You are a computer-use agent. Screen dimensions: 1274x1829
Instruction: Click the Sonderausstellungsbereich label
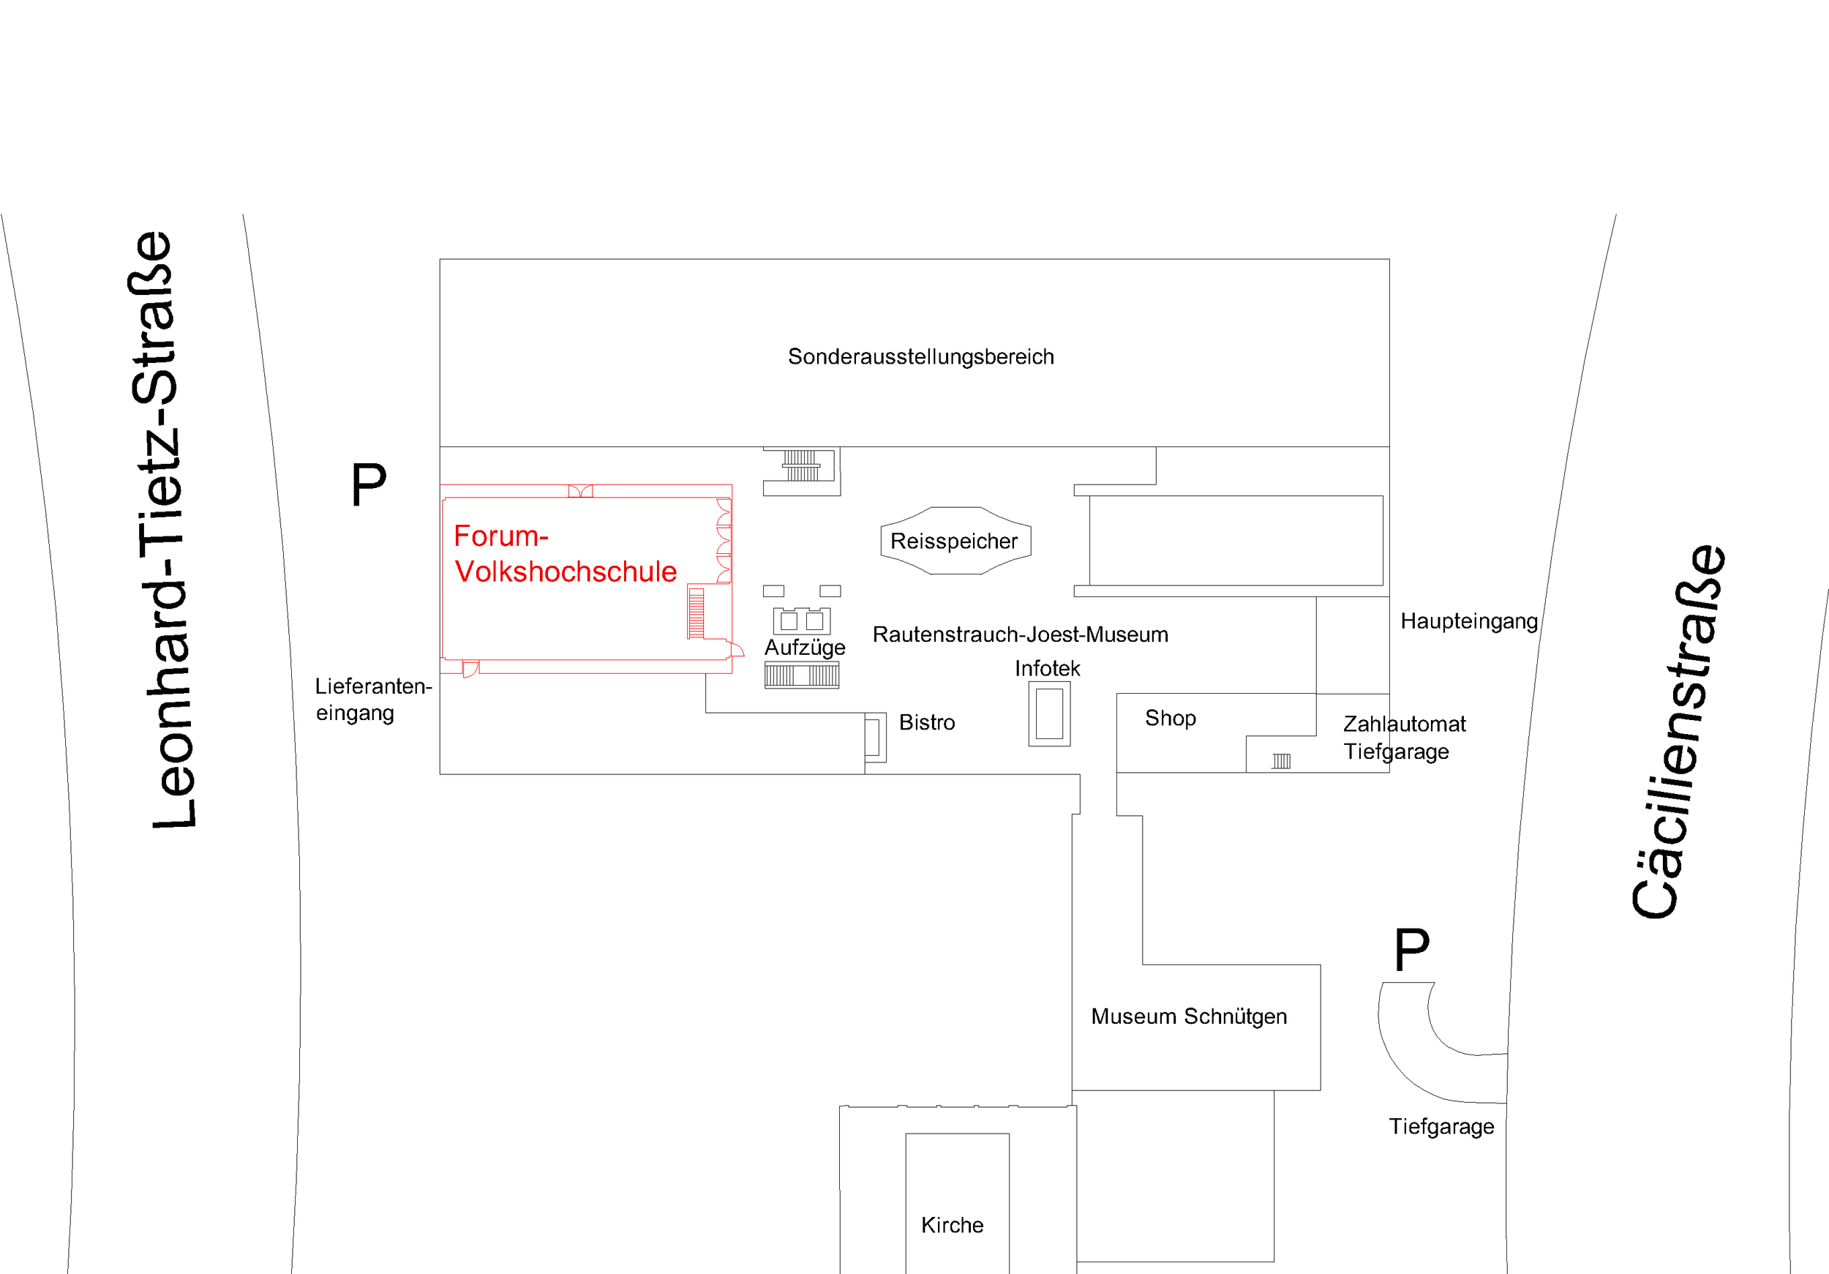[x=920, y=356]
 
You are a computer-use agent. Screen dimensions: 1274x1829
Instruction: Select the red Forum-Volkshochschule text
[x=565, y=554]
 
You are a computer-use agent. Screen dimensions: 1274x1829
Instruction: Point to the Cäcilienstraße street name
[x=1679, y=732]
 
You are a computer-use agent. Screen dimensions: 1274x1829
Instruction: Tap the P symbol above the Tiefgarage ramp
[x=1411, y=949]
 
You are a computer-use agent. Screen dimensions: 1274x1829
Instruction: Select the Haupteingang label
[x=1468, y=621]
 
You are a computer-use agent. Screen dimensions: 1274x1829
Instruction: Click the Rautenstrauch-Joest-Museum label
[x=1020, y=634]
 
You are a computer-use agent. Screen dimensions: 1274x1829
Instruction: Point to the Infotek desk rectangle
[x=1049, y=714]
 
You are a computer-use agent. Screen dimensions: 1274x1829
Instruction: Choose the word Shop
[x=1171, y=718]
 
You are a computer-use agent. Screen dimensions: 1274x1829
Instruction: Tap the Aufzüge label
[x=805, y=647]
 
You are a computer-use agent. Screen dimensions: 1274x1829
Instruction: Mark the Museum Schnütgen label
[x=1189, y=1016]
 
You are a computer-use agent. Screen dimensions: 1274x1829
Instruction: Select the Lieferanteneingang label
[x=373, y=699]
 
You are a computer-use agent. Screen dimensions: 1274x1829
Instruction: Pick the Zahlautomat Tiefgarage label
[x=1404, y=737]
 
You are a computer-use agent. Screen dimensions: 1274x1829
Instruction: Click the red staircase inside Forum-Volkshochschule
[x=696, y=612]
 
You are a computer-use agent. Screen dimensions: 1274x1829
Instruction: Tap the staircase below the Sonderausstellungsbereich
[x=800, y=465]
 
